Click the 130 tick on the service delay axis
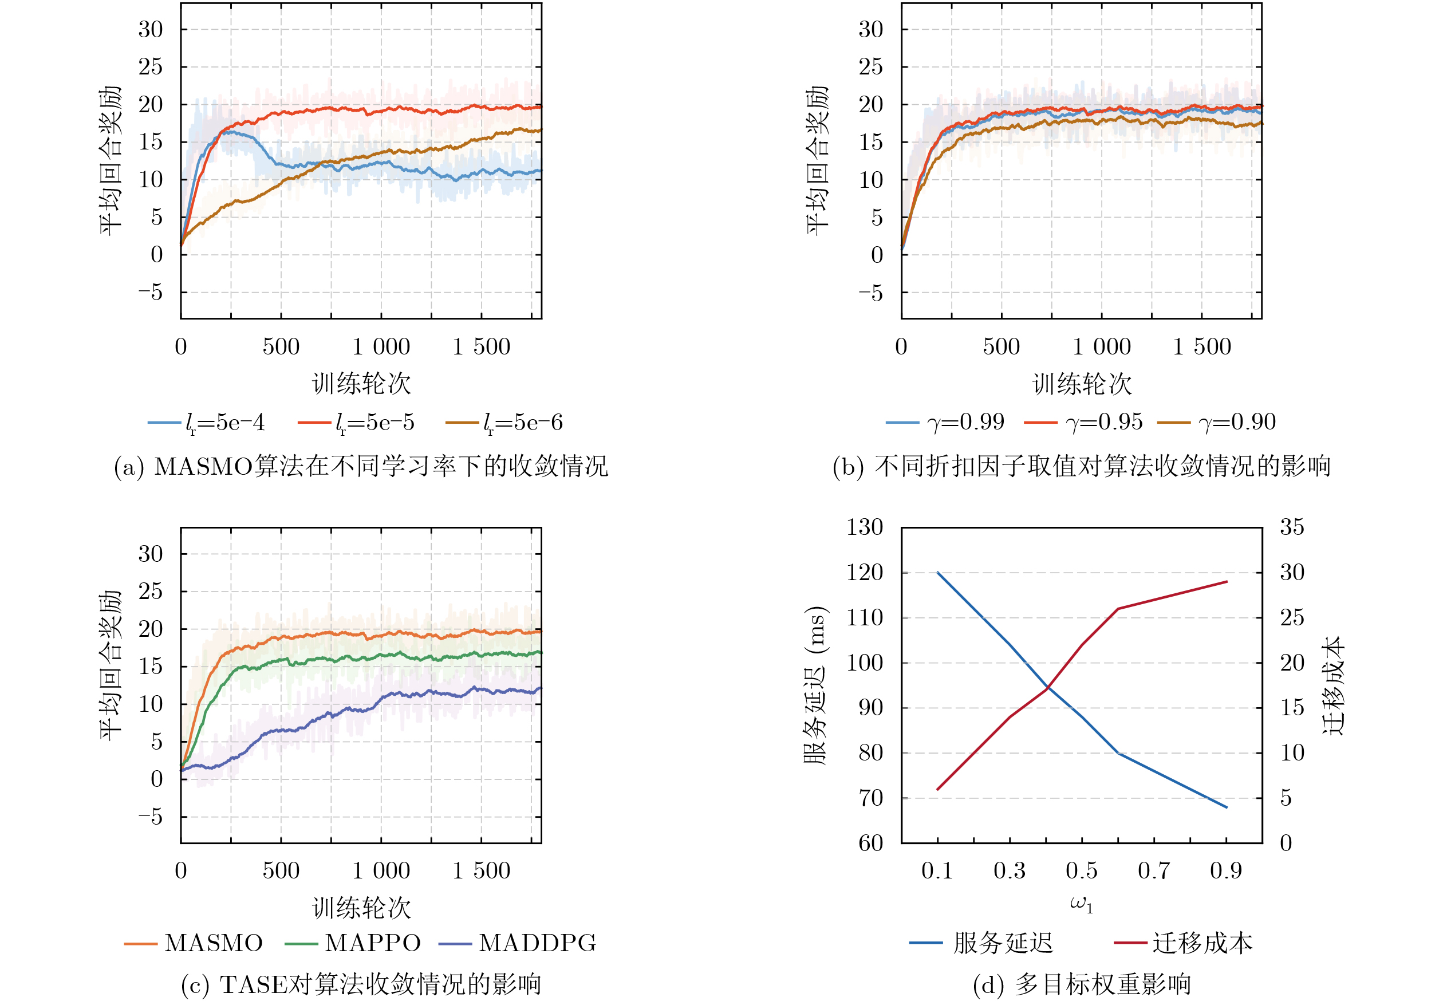point(865,527)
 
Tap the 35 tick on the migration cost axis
point(1292,527)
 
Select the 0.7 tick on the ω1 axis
point(1154,870)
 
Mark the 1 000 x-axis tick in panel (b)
point(1102,347)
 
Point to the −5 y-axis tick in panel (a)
point(150,293)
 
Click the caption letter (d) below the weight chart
point(988,985)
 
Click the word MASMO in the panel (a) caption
point(203,467)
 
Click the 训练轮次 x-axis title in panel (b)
point(1082,384)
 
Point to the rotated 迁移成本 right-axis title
point(1333,685)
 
